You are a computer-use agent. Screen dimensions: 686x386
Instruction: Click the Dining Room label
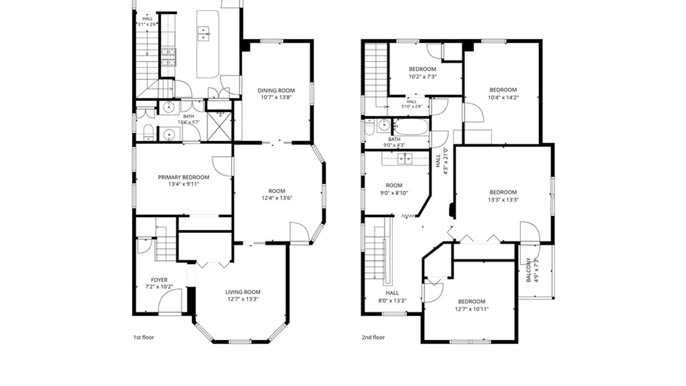tap(276, 90)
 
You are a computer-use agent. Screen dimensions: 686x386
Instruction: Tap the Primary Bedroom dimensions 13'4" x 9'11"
tap(184, 184)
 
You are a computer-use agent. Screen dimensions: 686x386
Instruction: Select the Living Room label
tap(243, 292)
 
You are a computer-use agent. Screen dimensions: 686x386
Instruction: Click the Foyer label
tap(159, 280)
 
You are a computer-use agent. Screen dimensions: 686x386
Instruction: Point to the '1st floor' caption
tap(144, 337)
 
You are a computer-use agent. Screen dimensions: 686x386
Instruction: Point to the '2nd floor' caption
tap(373, 337)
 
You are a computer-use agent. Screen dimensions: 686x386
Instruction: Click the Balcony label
tap(528, 270)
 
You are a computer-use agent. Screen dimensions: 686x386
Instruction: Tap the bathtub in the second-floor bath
tap(411, 127)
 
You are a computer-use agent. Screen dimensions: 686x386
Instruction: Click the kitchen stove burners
tap(168, 57)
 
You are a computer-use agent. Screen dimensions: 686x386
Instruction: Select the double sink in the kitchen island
tap(203, 34)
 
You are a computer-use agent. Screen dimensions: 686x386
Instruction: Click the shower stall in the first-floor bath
tap(219, 126)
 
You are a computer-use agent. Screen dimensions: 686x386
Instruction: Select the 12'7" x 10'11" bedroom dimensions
tap(472, 309)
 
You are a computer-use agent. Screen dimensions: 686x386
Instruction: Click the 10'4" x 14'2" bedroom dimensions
tap(503, 97)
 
